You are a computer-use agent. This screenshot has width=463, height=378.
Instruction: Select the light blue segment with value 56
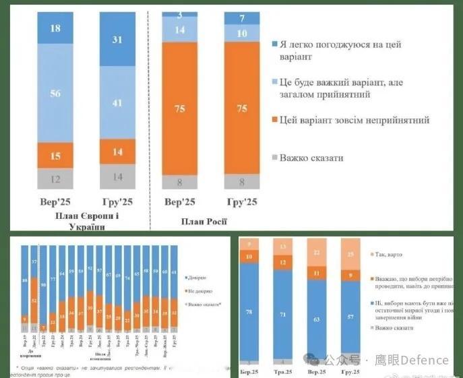pyautogui.click(x=55, y=92)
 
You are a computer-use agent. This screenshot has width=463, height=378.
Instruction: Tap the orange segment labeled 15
pyautogui.click(x=55, y=156)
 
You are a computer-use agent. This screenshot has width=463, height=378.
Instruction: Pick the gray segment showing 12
pyautogui.click(x=55, y=179)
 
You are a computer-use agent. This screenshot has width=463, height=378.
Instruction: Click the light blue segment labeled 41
pyautogui.click(x=117, y=103)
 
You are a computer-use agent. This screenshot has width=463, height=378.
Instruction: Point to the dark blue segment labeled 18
pyautogui.click(x=55, y=28)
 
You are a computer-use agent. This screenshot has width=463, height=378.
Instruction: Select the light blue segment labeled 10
pyautogui.click(x=242, y=33)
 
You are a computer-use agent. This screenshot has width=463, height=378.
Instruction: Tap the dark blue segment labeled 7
pyautogui.click(x=242, y=18)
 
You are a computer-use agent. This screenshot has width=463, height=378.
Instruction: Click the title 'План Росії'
pyautogui.click(x=204, y=221)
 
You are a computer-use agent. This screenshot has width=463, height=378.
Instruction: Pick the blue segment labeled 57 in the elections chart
pyautogui.click(x=350, y=317)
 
